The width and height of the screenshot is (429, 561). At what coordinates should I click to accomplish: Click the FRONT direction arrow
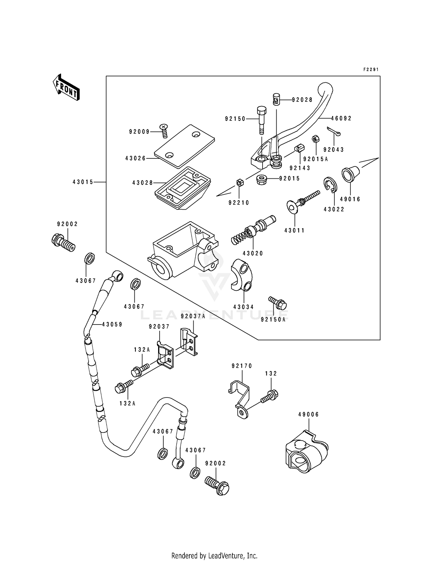[x=66, y=87]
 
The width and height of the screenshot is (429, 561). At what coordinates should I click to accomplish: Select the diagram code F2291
[x=371, y=69]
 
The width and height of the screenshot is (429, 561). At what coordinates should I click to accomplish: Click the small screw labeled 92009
[x=164, y=131]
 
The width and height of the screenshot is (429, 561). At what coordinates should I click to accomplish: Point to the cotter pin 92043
[x=333, y=132]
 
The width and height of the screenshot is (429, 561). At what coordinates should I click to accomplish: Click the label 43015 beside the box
[x=83, y=182]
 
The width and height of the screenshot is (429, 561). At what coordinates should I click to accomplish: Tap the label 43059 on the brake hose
[x=112, y=324]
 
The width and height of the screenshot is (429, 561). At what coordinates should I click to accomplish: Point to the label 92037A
[x=193, y=316]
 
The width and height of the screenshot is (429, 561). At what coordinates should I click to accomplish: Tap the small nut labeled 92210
[x=240, y=182]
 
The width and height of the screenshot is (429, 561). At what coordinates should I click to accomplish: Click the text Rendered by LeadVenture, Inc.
[x=214, y=556]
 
